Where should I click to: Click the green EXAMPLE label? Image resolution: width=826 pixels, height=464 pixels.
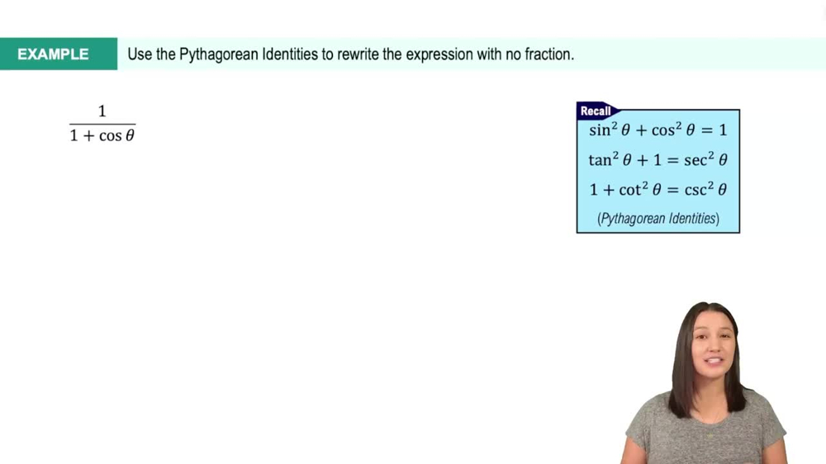click(53, 54)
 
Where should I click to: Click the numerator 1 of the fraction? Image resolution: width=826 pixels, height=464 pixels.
click(102, 111)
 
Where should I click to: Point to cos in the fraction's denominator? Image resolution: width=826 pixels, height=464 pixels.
click(111, 136)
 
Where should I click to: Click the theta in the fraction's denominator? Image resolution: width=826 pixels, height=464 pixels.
click(130, 136)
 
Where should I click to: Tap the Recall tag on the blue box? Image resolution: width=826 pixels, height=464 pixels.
click(596, 111)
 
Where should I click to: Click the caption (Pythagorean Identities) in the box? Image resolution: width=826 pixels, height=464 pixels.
click(657, 219)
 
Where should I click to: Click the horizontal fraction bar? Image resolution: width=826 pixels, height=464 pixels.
click(102, 124)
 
